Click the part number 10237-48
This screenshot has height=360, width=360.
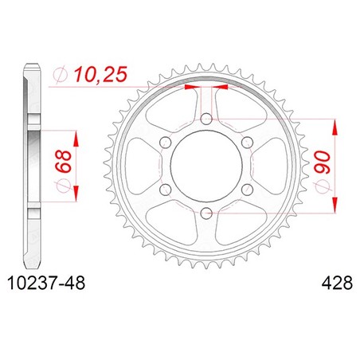click(46, 283)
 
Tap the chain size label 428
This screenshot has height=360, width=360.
click(337, 283)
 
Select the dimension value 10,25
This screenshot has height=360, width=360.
click(100, 74)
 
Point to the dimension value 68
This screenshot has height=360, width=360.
click(64, 162)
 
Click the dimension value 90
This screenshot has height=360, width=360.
click(323, 162)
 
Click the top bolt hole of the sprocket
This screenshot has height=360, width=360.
click(206, 119)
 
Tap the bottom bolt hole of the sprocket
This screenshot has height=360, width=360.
click(206, 213)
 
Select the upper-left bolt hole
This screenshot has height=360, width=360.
click(166, 143)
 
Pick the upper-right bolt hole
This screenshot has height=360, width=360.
click(247, 143)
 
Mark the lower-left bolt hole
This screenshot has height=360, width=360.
click(166, 190)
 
